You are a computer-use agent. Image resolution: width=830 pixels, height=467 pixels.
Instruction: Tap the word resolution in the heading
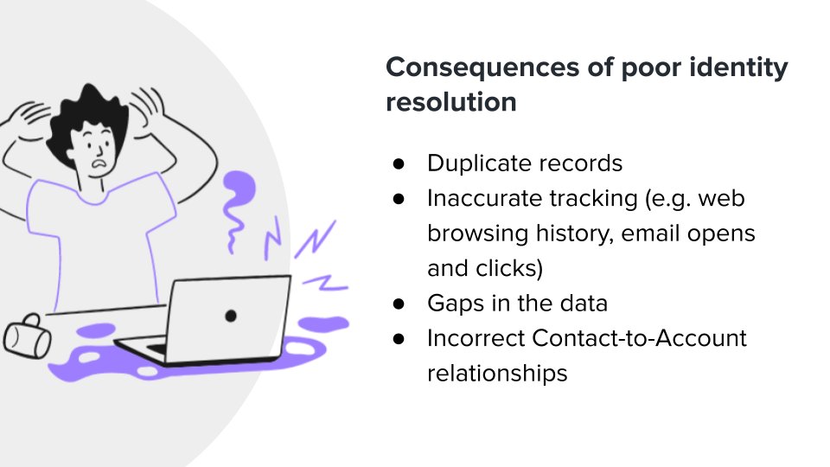click(x=450, y=101)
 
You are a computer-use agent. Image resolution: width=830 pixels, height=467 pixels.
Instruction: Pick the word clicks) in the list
click(x=509, y=269)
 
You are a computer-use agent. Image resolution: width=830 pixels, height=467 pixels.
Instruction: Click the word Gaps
click(x=450, y=304)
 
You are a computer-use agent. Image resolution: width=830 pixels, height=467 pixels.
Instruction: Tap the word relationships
click(x=497, y=374)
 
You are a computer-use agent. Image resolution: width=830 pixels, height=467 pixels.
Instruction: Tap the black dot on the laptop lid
click(x=230, y=316)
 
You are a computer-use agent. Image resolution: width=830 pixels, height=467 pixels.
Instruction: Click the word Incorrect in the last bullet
click(x=475, y=338)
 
